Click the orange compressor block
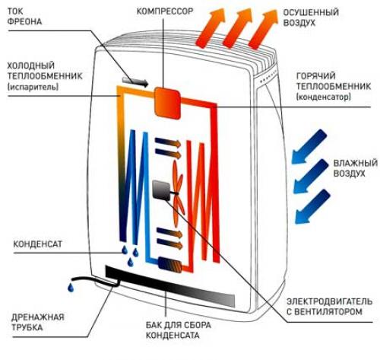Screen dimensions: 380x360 tap(168, 103)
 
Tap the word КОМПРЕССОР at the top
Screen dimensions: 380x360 tap(165, 11)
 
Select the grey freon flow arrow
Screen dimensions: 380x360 tap(135, 81)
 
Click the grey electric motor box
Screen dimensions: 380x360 tap(161, 190)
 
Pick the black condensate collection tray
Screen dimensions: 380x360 tap(170, 286)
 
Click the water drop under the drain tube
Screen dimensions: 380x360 tap(71, 288)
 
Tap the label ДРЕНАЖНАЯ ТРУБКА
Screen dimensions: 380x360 tap(37, 322)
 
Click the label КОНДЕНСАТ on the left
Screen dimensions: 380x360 tap(37, 244)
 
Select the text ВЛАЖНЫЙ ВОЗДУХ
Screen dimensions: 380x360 tap(355, 168)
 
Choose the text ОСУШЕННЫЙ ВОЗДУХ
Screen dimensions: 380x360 tap(311, 18)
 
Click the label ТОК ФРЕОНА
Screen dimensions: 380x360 tap(24, 16)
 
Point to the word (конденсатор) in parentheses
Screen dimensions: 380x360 tap(324, 97)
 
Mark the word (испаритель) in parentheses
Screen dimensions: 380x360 tap(33, 87)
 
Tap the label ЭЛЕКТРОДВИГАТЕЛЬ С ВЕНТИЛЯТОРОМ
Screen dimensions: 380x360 tap(329, 307)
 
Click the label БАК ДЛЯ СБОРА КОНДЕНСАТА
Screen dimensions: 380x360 tap(179, 330)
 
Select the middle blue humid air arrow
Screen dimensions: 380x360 tap(311, 177)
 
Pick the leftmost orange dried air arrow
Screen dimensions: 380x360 tap(211, 28)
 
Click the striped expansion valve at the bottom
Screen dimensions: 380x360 tap(169, 265)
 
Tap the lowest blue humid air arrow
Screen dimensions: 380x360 tap(313, 207)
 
